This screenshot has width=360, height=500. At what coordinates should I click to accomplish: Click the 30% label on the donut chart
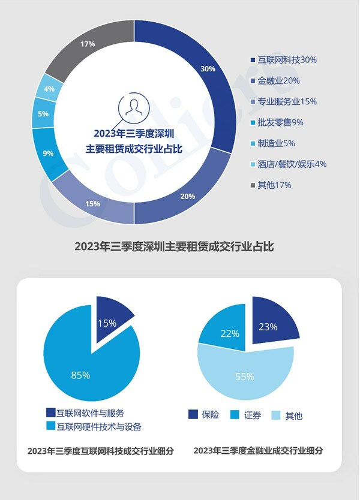pos(208,69)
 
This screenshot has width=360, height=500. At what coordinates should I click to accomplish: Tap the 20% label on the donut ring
pos(187,197)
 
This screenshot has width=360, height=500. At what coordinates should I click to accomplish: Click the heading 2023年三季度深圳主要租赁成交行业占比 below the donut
pos(174,246)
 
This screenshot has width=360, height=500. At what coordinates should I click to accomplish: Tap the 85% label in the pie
pos(80,375)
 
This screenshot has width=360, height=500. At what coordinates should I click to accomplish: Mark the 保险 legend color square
pos(193,415)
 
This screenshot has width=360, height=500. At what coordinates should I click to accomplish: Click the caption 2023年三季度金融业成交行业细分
pos(258,451)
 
